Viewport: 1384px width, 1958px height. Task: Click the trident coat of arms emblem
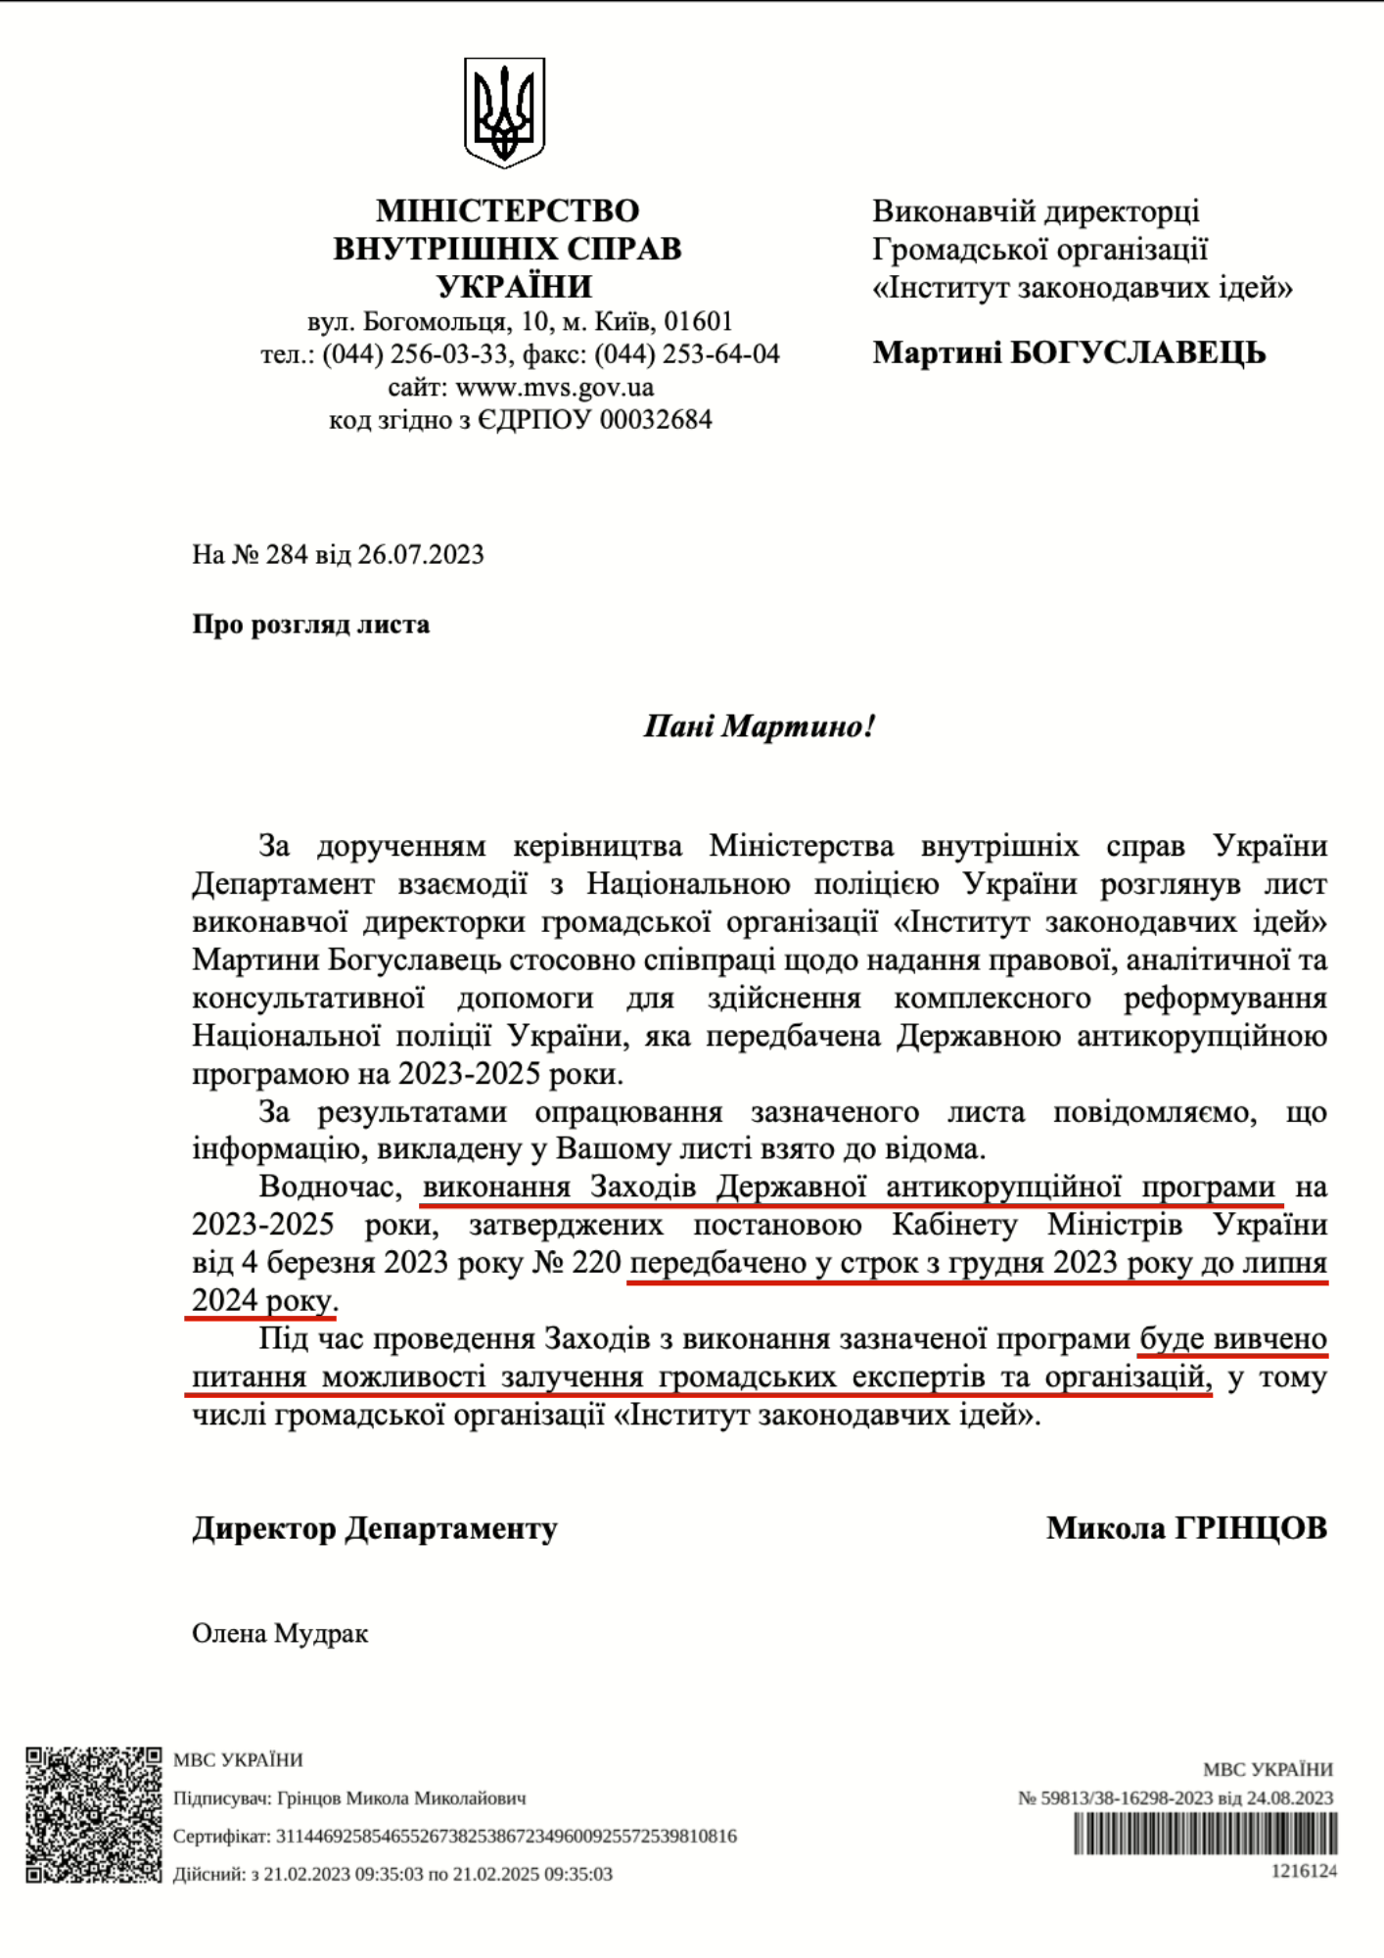click(x=504, y=112)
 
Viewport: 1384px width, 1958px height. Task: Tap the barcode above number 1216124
click(x=1205, y=1834)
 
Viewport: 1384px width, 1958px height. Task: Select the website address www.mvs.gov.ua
click(x=554, y=387)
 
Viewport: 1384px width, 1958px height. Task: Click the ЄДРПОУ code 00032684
click(x=656, y=420)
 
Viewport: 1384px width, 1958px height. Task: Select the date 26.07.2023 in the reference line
click(x=420, y=554)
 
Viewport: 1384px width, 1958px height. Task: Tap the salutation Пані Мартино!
click(x=759, y=726)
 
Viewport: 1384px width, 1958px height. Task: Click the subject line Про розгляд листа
click(x=310, y=625)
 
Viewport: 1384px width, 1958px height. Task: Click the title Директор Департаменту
click(x=374, y=1527)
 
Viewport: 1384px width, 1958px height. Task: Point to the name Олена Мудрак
click(x=280, y=1633)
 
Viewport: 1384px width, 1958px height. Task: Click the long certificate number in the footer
click(x=506, y=1836)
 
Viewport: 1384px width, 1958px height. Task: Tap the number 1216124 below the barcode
click(x=1304, y=1871)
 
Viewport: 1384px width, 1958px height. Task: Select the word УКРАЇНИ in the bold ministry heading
click(x=514, y=287)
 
